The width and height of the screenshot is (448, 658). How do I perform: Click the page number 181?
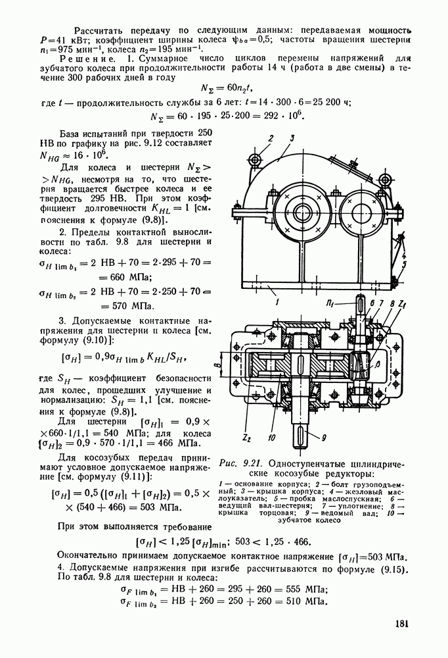click(x=401, y=624)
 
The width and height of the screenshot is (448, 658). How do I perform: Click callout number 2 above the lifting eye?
click(x=271, y=138)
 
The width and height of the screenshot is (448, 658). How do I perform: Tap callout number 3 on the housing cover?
click(x=292, y=138)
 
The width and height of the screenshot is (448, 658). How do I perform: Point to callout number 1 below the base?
click(x=278, y=301)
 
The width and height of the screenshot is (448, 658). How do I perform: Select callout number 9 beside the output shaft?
click(x=324, y=438)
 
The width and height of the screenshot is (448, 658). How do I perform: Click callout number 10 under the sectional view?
click(x=272, y=438)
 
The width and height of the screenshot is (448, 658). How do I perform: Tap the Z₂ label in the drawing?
click(x=247, y=438)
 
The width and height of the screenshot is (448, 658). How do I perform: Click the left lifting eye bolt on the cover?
click(x=254, y=159)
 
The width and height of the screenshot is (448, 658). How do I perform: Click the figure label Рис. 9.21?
click(x=240, y=464)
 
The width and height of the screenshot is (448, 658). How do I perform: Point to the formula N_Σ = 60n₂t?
click(x=227, y=88)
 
